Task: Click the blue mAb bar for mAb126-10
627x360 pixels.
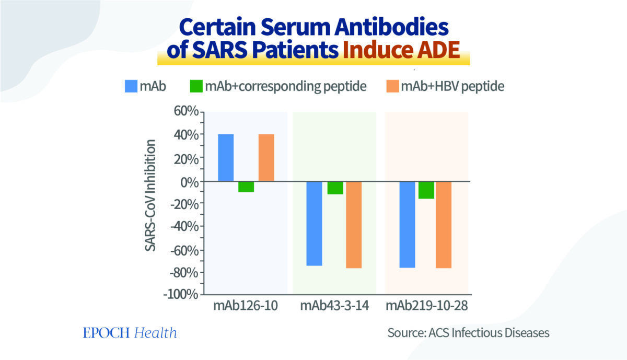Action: click(x=226, y=158)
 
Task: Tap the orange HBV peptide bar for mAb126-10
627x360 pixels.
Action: click(x=266, y=158)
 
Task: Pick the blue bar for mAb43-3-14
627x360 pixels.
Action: click(x=314, y=224)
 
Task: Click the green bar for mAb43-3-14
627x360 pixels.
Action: click(x=335, y=188)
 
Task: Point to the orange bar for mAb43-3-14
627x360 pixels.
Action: click(x=354, y=225)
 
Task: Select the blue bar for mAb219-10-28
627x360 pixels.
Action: click(x=407, y=225)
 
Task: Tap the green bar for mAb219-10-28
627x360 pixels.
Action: click(x=426, y=190)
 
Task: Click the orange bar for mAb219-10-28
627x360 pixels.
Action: click(x=444, y=225)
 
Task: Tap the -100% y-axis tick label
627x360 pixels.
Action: click(x=180, y=294)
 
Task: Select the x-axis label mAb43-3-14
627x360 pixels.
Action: click(x=334, y=306)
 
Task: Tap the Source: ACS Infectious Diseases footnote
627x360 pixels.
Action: click(x=468, y=333)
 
